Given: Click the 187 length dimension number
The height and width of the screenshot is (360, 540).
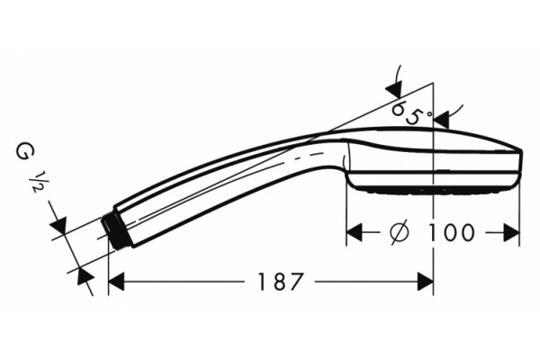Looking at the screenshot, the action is tap(281, 282).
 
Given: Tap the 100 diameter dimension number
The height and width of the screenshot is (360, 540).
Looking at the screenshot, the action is tap(451, 232).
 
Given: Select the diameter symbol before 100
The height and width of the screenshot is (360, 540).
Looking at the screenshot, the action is tap(400, 232).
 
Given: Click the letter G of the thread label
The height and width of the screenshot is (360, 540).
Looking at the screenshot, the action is tap(24, 152).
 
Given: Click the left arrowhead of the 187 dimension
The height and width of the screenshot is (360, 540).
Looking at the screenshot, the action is tap(116, 282).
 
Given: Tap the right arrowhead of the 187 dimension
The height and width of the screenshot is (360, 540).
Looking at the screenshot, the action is tap(426, 282).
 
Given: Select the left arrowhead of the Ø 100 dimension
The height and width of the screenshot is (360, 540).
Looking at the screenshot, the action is tap(354, 232).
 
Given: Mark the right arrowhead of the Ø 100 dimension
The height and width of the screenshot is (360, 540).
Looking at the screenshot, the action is tap(511, 232).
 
